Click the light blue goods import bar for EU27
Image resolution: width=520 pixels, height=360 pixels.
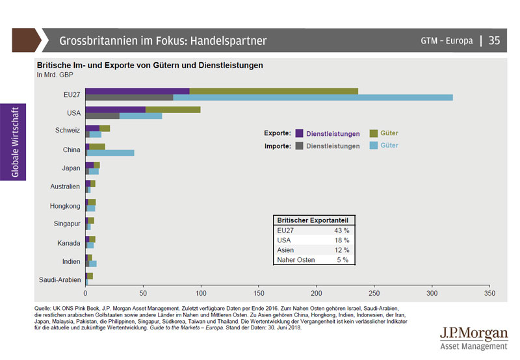pos(312,97)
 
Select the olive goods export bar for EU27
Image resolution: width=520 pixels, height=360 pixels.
pos(273,91)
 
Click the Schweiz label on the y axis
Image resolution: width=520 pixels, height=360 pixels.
pos(68,131)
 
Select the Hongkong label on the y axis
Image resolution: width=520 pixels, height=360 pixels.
pos(65,206)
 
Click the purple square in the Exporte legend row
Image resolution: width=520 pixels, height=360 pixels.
pos(300,133)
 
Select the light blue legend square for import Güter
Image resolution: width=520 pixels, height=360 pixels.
pos(374,146)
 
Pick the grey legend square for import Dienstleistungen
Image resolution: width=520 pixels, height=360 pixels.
pos(300,146)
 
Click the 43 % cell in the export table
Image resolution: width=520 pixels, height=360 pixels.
pos(341,230)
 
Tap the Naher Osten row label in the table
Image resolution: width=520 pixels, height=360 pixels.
pos(296,260)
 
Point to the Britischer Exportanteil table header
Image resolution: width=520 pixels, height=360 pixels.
pos(313,220)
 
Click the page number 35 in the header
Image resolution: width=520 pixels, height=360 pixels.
pos(494,40)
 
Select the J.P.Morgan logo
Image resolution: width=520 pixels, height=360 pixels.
pos(473,338)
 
